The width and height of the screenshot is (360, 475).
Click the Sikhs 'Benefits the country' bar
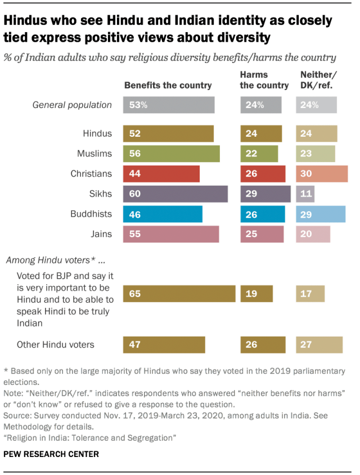click(175, 194)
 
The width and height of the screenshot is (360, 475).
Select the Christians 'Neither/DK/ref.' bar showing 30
click(322, 174)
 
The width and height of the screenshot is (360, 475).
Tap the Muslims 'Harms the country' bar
click(259, 154)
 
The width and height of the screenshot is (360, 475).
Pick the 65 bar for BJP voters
click(179, 294)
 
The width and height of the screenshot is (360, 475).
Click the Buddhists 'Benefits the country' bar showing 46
click(163, 214)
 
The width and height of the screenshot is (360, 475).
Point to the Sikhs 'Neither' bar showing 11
click(305, 194)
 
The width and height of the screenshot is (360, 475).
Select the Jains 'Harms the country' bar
click(262, 234)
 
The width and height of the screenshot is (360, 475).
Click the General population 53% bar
click(169, 105)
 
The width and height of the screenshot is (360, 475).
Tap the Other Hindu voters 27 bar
click(319, 345)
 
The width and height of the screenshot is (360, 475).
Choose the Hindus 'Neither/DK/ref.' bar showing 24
click(317, 134)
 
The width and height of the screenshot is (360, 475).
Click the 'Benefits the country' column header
click(168, 86)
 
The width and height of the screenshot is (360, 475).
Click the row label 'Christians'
click(91, 174)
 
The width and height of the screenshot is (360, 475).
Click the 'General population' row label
click(72, 105)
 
